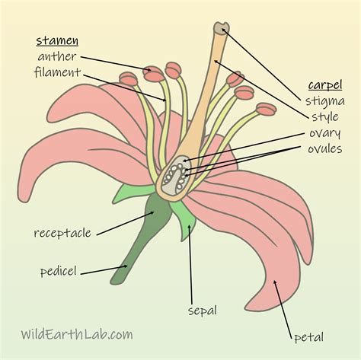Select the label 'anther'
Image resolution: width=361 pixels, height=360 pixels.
pyautogui.click(x=56, y=56)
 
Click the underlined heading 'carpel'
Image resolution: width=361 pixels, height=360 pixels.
pyautogui.click(x=324, y=84)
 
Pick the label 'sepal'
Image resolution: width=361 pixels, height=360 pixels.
pyautogui.click(x=203, y=310)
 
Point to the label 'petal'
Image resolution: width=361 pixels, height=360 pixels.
pyautogui.click(x=308, y=336)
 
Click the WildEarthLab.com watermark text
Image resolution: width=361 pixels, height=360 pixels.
pyautogui.click(x=76, y=333)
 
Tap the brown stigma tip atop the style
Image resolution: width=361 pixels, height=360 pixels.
pyautogui.click(x=221, y=29)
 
